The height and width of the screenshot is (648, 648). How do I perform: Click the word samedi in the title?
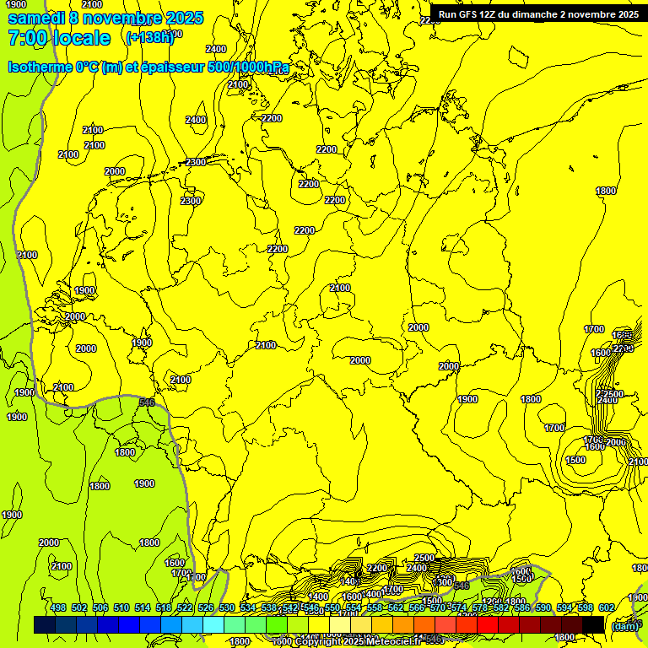pyautogui.click(x=37, y=18)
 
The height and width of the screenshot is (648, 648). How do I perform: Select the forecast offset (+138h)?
pyautogui.click(x=149, y=37)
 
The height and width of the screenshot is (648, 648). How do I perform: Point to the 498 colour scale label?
pyautogui.click(x=58, y=607)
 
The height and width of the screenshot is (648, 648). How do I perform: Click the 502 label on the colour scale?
pyautogui.click(x=79, y=607)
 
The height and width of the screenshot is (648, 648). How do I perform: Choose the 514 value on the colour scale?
pyautogui.click(x=143, y=607)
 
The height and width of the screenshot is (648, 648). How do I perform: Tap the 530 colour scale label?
pyautogui.click(x=227, y=607)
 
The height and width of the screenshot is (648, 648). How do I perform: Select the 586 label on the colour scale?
pyautogui.click(x=522, y=607)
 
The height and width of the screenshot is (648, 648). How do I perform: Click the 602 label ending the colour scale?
pyautogui.click(x=607, y=607)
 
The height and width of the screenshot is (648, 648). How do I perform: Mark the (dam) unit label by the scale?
pyautogui.click(x=624, y=626)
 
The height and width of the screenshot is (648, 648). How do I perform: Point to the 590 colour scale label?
pyautogui.click(x=543, y=607)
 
